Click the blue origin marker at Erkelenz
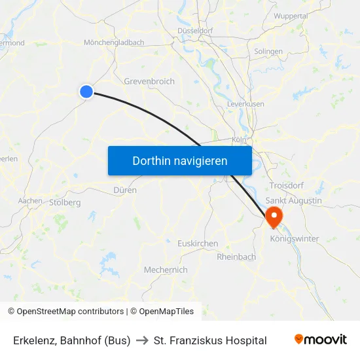86,92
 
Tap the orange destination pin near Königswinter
272,216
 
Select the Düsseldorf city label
195,31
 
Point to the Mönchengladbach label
114,43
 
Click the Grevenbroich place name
149,82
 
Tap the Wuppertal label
291,16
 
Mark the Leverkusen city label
245,104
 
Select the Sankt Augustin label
293,200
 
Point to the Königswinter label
294,239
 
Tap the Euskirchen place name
198,243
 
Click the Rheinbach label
236,257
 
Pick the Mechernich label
166,270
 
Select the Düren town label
125,190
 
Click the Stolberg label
65,203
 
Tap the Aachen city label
30,201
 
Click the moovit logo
321,340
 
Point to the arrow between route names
142,340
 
